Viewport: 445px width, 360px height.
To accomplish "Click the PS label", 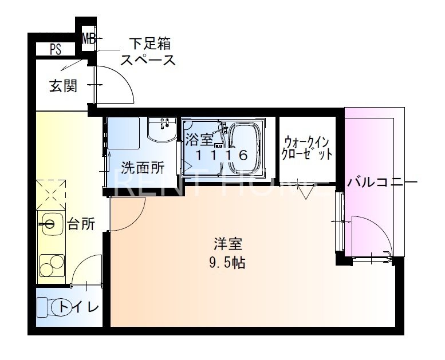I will click(x=56, y=50).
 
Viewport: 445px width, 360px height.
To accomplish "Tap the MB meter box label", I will click(x=89, y=39).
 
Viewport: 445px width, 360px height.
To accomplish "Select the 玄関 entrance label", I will click(x=62, y=86).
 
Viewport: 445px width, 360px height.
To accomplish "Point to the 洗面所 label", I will click(x=142, y=168).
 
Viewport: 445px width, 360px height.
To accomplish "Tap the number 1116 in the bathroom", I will click(x=221, y=155).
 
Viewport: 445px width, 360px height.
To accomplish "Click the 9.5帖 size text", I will click(x=227, y=263).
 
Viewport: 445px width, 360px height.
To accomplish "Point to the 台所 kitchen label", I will click(x=81, y=224).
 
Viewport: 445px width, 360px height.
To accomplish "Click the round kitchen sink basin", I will click(x=50, y=223).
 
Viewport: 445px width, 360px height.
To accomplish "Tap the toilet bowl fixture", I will click(x=48, y=308).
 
